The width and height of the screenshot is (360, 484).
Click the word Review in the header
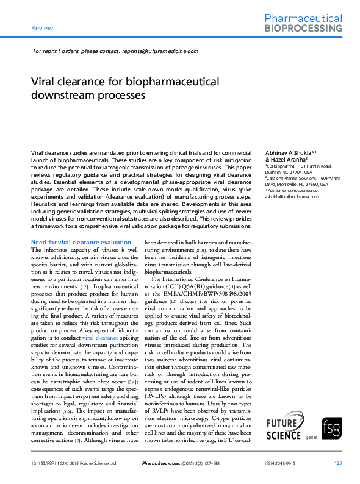pyautogui.click(x=42, y=28)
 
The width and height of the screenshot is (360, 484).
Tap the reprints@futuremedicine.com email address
pyautogui.click(x=160, y=51)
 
